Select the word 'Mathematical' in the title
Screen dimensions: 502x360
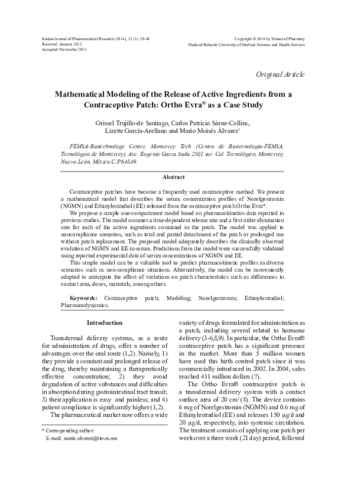86,94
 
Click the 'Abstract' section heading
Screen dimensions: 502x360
179,177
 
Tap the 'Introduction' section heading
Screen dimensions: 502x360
105,323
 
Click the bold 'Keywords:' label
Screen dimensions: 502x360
82,297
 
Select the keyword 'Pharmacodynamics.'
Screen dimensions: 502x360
85,305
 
